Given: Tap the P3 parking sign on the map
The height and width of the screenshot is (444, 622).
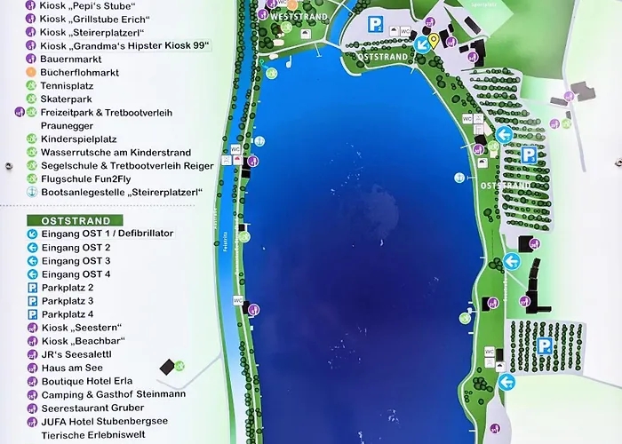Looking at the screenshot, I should click(x=529, y=155).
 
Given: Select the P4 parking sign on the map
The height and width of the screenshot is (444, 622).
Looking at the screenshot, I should click(x=544, y=345).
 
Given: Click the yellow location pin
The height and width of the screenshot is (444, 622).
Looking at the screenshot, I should click(x=433, y=39).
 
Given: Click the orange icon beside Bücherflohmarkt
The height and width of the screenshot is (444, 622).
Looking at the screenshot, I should click(x=32, y=72).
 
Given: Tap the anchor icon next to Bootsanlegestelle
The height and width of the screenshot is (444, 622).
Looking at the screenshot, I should click(x=32, y=192).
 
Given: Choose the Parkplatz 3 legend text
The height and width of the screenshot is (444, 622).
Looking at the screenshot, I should click(x=67, y=301).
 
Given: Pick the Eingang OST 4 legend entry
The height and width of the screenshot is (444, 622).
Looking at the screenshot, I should click(x=76, y=274).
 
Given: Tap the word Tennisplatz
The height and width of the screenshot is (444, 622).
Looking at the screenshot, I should click(x=67, y=86).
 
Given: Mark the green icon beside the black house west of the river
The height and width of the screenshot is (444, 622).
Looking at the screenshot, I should click(x=180, y=365).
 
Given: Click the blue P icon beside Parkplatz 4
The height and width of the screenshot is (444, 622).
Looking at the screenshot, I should click(x=32, y=314).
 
